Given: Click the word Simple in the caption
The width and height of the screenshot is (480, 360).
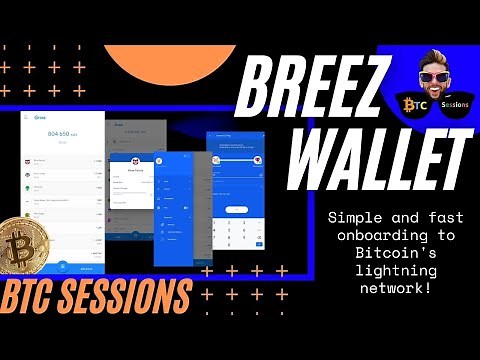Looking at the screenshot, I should pyautogui.click(x=351, y=217).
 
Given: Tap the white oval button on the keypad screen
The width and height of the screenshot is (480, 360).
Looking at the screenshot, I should pyautogui.click(x=237, y=208).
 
